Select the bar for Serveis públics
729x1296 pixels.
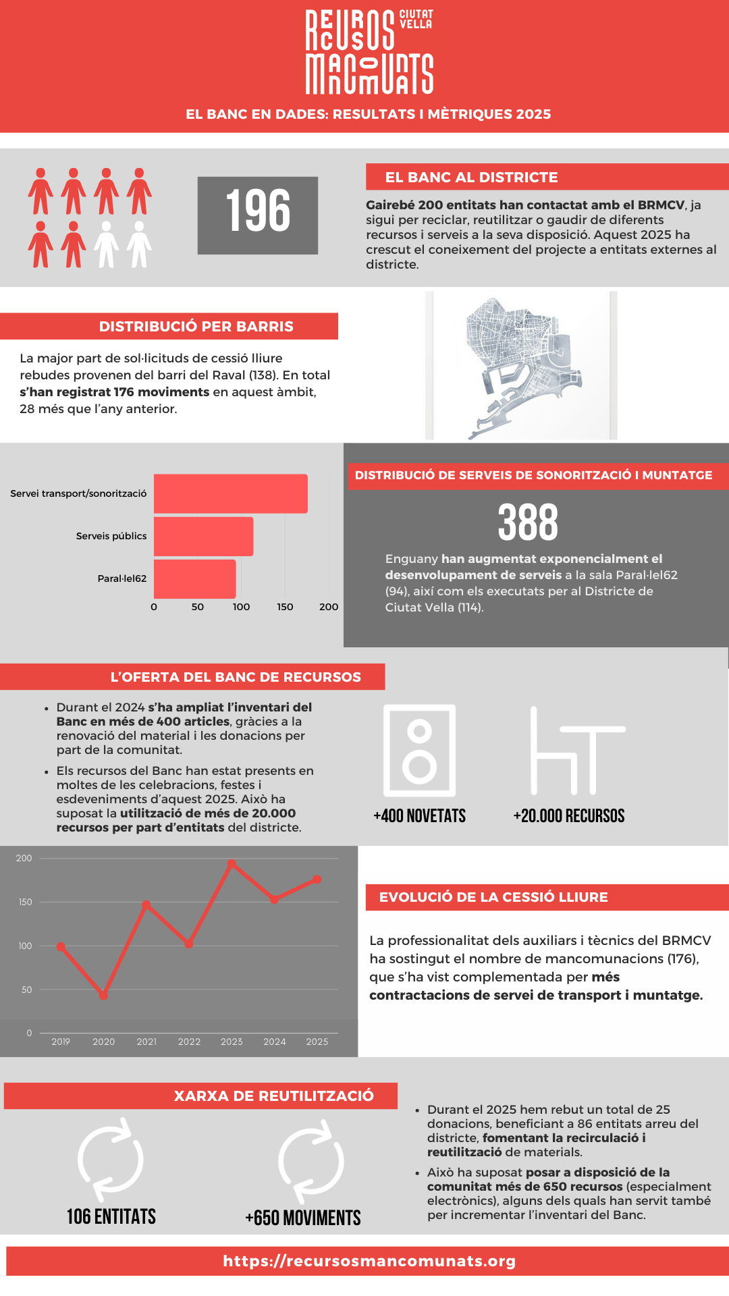pos(203,537)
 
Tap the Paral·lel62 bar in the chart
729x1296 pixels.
pos(194,578)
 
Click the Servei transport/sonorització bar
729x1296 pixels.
pos(230,493)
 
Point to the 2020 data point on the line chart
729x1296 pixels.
pos(103,996)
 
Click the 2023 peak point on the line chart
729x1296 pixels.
pos(232,864)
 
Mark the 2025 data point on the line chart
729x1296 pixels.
pos(317,880)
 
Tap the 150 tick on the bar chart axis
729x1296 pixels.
pos(285,607)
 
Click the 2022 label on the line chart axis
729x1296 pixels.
pos(189,1042)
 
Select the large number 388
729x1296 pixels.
pos(528,522)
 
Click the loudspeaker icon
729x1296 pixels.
pos(419,751)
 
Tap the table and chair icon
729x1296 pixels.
pos(577,751)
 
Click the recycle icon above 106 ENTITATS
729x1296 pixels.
pos(111,1160)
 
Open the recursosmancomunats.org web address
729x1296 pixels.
pos(369,1261)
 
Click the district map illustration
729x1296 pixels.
pos(521,366)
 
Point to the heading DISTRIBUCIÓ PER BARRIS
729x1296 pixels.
pos(196,326)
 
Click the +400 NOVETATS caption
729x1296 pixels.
pos(419,816)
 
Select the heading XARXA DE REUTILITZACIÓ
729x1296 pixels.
pos(273,1096)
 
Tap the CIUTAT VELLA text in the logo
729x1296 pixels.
pos(416,19)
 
